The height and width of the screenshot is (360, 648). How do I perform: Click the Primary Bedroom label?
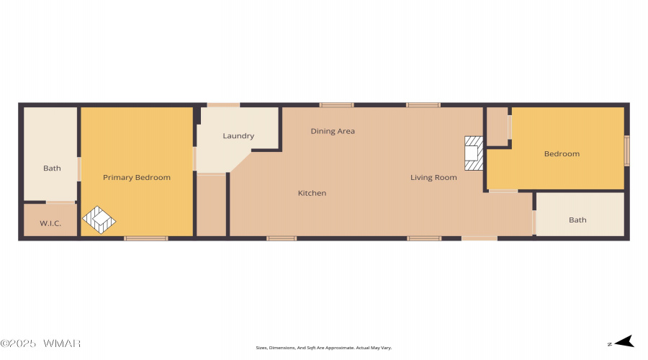point(137,177)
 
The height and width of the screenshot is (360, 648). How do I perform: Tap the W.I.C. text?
point(50,223)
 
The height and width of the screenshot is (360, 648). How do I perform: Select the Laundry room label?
point(238,136)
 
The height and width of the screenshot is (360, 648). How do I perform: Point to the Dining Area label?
point(333,131)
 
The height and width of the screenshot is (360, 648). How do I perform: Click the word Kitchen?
point(312,193)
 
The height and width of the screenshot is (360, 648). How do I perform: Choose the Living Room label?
point(433,177)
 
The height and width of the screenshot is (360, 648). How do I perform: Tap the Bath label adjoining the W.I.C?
point(52,168)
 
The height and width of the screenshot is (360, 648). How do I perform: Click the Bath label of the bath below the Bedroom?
point(577,220)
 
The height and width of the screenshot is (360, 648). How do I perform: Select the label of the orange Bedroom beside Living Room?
point(562,154)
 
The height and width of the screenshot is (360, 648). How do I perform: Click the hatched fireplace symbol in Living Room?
point(473,153)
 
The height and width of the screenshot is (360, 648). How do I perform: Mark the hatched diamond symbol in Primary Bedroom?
point(99,220)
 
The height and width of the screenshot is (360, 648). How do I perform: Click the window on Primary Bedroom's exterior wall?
point(146,238)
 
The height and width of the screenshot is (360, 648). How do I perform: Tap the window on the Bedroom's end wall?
point(626,151)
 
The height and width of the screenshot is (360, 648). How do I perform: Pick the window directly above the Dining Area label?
point(336,105)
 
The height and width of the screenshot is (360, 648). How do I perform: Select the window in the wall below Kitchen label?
point(282,238)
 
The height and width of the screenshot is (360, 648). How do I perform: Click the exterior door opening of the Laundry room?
point(223,105)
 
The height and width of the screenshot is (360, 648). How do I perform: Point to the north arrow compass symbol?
point(624,342)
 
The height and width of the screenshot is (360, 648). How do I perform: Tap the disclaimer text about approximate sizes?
point(324,348)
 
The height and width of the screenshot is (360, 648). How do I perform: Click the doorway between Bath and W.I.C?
point(61,202)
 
